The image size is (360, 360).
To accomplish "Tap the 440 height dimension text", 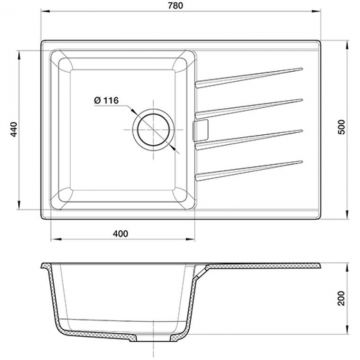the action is tap(14, 129).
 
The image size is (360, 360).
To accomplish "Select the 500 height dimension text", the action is tap(342, 127).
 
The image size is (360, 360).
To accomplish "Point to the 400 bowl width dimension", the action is tap(120, 234).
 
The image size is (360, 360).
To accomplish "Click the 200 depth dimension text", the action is tap(342, 298).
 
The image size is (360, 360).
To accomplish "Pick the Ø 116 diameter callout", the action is tap(106, 100).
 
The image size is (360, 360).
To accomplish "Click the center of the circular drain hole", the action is tap(153, 129).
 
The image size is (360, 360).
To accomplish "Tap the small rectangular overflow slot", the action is tap(201, 129).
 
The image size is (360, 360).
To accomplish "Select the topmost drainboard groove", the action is tap(249, 78).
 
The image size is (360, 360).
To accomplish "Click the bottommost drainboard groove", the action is tap(249, 170).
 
